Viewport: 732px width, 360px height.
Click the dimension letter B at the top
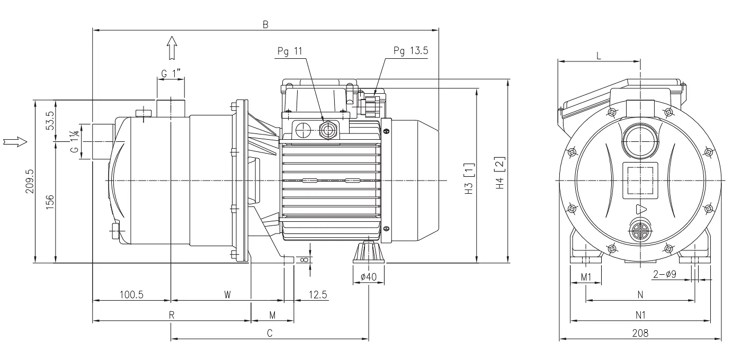tap(265, 24)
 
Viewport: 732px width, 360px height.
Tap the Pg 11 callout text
tap(290, 51)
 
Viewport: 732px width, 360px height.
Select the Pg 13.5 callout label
tap(411, 50)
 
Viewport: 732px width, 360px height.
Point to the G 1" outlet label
tap(171, 73)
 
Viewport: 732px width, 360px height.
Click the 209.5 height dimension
tap(30, 181)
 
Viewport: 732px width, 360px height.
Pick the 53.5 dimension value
tap(50, 121)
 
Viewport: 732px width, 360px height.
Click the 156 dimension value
tap(50, 202)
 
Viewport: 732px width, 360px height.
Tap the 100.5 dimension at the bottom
tap(131, 295)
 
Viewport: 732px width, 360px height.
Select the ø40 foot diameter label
tap(369, 277)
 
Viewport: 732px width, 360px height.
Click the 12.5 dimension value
tap(318, 295)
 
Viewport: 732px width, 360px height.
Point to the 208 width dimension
tap(640, 333)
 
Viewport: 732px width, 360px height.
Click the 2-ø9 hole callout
tap(665, 274)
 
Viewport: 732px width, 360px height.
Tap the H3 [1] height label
tap(469, 179)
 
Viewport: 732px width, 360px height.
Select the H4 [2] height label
tap(501, 173)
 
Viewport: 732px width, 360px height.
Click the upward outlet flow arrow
tap(172, 48)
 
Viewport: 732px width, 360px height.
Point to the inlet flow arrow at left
tap(15, 142)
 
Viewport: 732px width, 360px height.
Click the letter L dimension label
tap(599, 56)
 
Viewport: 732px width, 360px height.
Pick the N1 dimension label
tap(640, 315)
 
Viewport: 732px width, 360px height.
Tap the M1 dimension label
tap(586, 277)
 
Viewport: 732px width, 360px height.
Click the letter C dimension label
tap(270, 333)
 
